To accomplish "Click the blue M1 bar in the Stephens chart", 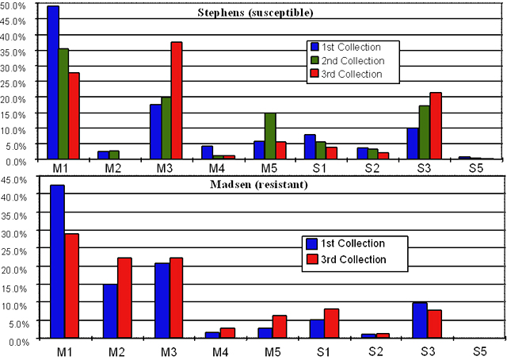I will [53, 83].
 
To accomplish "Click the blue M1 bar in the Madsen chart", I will [57, 262].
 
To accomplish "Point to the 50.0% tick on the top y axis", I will [18, 6].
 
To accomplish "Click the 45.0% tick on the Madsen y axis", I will [17, 179].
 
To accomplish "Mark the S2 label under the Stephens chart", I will [372, 169].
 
